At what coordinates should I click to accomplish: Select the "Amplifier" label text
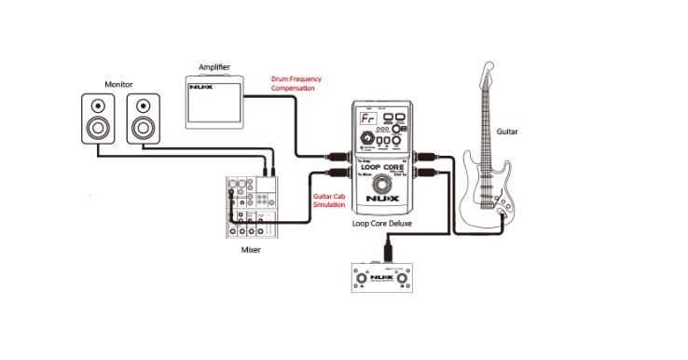click(213, 67)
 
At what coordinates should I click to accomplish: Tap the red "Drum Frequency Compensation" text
click(296, 83)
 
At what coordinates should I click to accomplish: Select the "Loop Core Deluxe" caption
click(384, 223)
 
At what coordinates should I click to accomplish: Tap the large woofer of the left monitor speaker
click(97, 127)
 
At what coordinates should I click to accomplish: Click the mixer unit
click(249, 207)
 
